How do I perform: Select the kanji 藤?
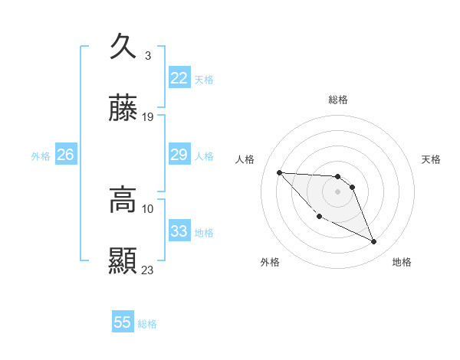pyautogui.click(x=123, y=110)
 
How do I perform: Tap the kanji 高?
pyautogui.click(x=123, y=200)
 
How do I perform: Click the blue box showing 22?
pyautogui.click(x=179, y=78)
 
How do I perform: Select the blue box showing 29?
pyautogui.click(x=179, y=155)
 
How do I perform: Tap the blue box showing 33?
pyautogui.click(x=179, y=231)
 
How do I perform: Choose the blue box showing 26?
pyautogui.click(x=65, y=155)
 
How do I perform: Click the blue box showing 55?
pyautogui.click(x=123, y=322)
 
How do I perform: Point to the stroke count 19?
pyautogui.click(x=148, y=117)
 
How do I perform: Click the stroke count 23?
pyautogui.click(x=148, y=270)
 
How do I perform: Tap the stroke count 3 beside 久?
pyautogui.click(x=147, y=55)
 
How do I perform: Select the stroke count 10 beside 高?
pyautogui.click(x=148, y=208)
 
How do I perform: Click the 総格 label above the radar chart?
pyautogui.click(x=338, y=100)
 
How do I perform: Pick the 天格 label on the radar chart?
pyautogui.click(x=432, y=159)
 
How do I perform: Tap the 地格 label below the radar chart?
pyautogui.click(x=402, y=262)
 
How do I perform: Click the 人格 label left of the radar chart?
pyautogui.click(x=245, y=159)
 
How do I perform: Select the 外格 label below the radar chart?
pyautogui.click(x=270, y=262)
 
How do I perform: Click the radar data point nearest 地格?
pyautogui.click(x=374, y=242)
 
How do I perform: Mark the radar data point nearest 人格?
pyautogui.click(x=279, y=172)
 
